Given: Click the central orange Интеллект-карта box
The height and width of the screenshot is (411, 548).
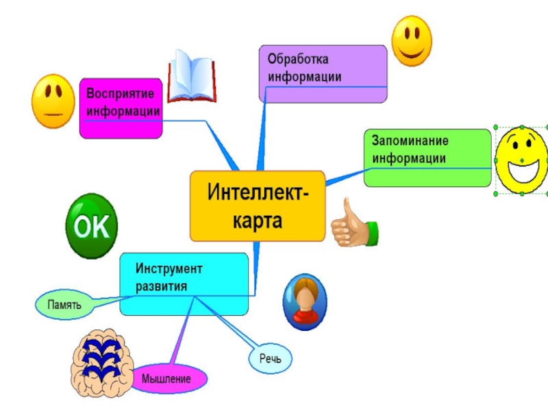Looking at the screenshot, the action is [258, 206].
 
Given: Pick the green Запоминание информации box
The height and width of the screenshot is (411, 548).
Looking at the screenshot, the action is [427, 158].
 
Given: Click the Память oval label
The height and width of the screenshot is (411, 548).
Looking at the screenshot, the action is [64, 303].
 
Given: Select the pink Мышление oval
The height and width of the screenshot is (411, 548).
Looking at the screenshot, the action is [166, 378].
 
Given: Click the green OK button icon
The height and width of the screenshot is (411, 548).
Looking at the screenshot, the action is [92, 226].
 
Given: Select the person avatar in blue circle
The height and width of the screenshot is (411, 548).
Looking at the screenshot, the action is [305, 299].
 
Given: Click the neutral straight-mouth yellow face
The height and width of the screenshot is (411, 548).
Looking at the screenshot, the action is [53, 101].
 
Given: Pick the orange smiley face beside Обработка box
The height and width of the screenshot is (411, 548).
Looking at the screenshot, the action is [411, 41].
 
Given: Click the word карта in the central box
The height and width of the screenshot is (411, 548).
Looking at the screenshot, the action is [258, 222].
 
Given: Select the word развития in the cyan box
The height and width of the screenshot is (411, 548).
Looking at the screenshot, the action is [161, 286].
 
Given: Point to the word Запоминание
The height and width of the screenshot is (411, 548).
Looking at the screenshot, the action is [410, 141].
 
